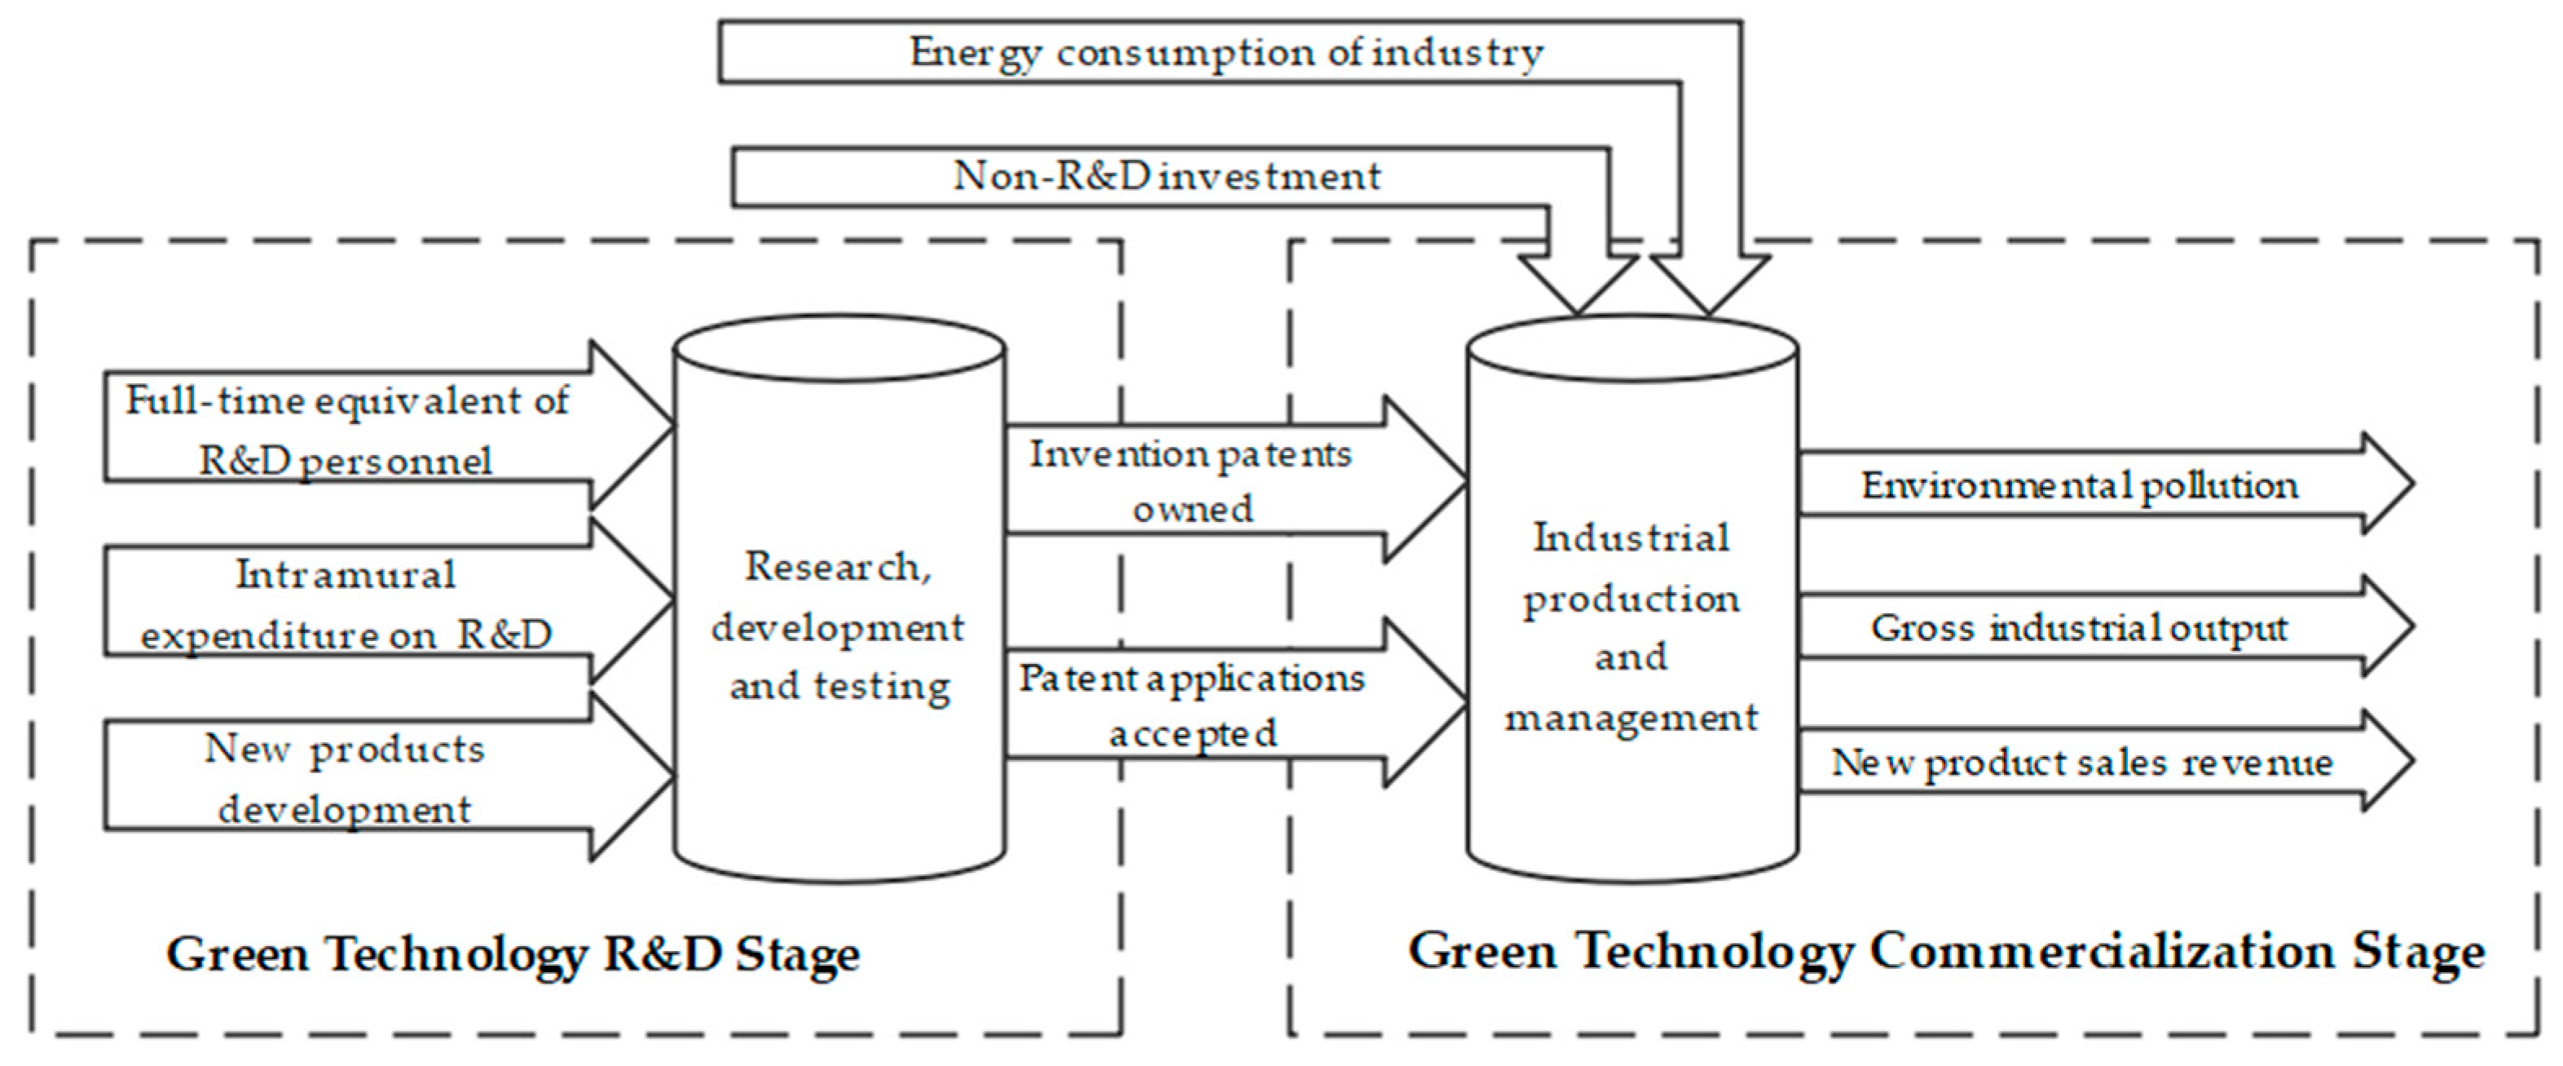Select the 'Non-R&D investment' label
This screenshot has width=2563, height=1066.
pos(1166,176)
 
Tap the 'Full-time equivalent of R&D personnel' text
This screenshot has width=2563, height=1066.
pos(346,430)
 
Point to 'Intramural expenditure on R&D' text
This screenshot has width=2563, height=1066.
pos(346,604)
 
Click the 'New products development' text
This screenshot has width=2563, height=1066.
pos(344,778)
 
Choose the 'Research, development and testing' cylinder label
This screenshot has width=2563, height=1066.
pos(839,626)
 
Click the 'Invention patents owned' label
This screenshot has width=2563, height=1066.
pos(1191,480)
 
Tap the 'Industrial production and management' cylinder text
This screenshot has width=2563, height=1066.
pos(1632,627)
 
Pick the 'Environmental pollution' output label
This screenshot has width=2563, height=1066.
pos(2080,486)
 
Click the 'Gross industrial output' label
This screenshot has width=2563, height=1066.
pos(2080,628)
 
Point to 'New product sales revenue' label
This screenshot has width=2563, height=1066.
pos(2081,763)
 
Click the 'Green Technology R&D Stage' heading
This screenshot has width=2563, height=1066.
pos(513,953)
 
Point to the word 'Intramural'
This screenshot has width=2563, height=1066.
pos(346,574)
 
